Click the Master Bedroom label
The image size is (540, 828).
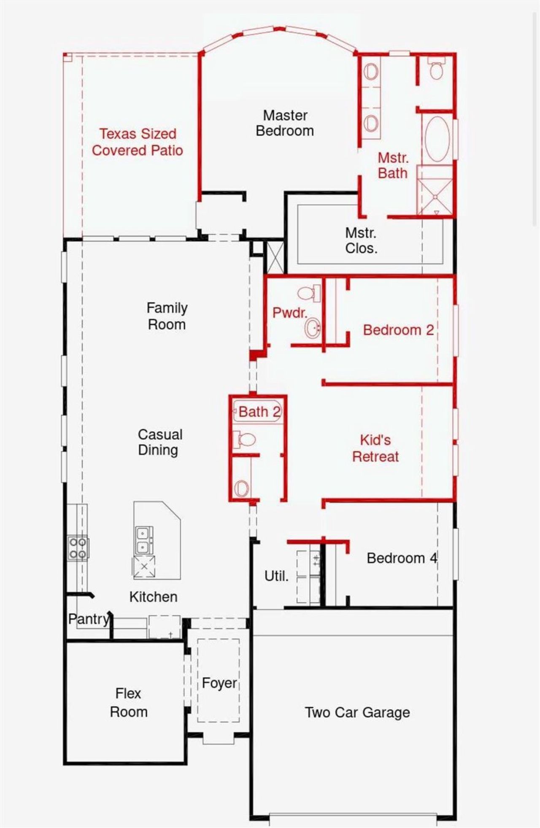click(285, 123)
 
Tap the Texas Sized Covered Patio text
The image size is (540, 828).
click(138, 142)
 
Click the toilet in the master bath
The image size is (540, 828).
click(436, 70)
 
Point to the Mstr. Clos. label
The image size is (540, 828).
click(361, 240)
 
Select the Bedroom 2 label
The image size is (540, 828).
click(398, 329)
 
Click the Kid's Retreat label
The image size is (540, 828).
click(375, 448)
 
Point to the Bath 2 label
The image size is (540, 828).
click(259, 412)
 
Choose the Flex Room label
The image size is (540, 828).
click(128, 702)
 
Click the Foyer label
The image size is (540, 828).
click(219, 683)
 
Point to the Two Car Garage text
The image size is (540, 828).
click(357, 712)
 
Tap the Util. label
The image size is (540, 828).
click(276, 576)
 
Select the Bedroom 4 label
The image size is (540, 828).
click(402, 558)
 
